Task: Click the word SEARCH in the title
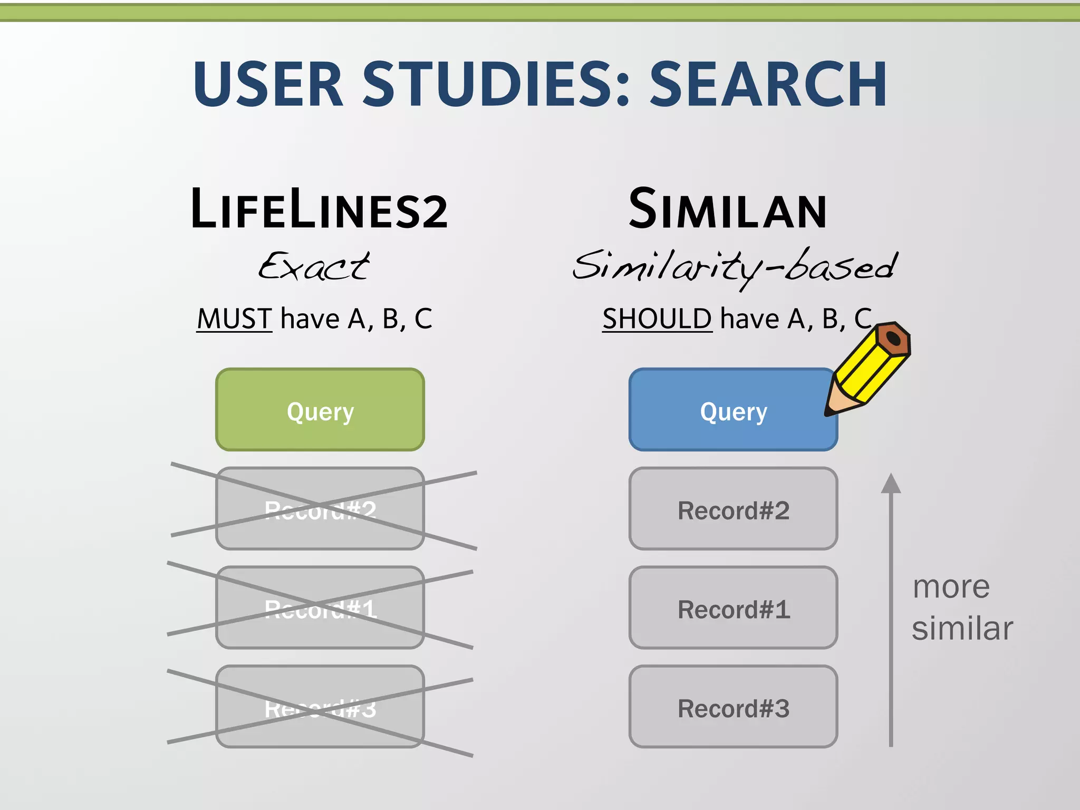(x=768, y=84)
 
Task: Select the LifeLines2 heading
(x=319, y=210)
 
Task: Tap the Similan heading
(x=728, y=210)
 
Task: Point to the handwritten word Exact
(x=314, y=266)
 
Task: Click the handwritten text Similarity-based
(x=735, y=267)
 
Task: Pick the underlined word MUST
(x=234, y=319)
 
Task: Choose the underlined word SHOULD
(x=657, y=319)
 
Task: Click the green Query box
(x=320, y=410)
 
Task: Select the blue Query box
(x=733, y=410)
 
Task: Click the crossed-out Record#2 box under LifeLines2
(x=320, y=509)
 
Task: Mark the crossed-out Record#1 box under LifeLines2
(x=320, y=607)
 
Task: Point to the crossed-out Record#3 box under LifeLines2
(x=320, y=707)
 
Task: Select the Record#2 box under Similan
(x=733, y=509)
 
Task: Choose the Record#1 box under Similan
(x=733, y=607)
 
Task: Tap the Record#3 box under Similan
(x=733, y=707)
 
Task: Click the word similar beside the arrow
(x=962, y=629)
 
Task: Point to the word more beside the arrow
(x=951, y=587)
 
